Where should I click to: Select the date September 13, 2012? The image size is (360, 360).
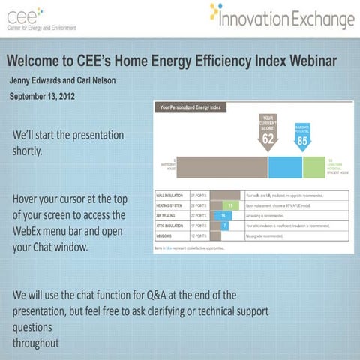click(x=43, y=96)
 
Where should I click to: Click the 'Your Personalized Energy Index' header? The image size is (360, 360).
click(x=193, y=107)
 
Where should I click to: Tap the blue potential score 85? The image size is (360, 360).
click(x=303, y=139)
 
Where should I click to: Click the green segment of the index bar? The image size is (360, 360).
click(x=313, y=166)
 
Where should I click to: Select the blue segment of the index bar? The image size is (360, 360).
click(x=285, y=166)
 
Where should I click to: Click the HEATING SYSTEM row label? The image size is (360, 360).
click(x=170, y=205)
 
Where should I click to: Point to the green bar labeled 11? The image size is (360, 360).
click(x=229, y=205)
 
